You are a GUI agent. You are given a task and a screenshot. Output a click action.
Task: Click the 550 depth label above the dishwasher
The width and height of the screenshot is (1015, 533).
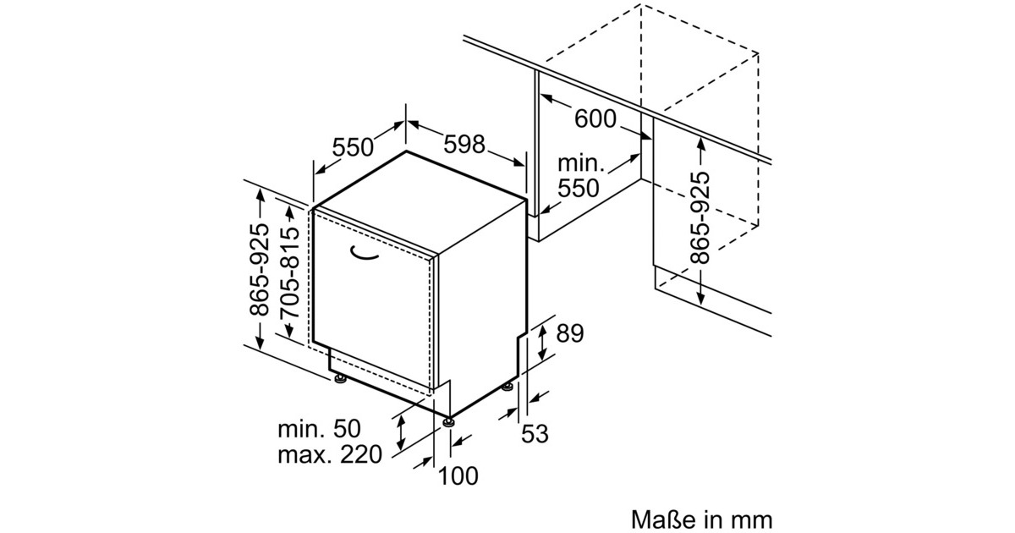[x=353, y=147]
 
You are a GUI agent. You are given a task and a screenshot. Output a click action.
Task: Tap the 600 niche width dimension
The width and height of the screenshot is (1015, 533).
[x=595, y=119]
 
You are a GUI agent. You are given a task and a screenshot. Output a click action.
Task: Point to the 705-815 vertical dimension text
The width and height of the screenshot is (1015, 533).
[x=290, y=272]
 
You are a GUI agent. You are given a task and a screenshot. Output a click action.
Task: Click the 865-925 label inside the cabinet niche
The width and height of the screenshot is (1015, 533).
[x=700, y=218]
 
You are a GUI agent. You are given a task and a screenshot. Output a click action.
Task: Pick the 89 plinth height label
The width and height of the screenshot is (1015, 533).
[x=570, y=333]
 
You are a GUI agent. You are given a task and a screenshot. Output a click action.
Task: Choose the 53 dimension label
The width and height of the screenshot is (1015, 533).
[x=535, y=435]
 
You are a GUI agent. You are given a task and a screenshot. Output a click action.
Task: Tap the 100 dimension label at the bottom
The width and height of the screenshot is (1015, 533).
[x=459, y=475]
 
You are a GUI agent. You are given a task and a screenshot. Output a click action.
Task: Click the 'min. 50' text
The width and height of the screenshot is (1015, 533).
[x=319, y=428]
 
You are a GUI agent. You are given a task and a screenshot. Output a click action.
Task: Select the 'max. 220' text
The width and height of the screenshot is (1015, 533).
[x=330, y=455]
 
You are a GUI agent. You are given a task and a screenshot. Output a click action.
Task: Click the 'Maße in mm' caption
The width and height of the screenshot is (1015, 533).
[x=701, y=517]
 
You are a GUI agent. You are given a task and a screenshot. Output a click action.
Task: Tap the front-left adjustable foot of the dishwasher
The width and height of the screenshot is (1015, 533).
[x=340, y=378]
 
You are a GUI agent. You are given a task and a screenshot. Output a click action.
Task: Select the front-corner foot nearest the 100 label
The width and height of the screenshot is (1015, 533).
[x=447, y=421]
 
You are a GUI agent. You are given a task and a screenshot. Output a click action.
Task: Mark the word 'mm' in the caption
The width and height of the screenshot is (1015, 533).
[x=752, y=517]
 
